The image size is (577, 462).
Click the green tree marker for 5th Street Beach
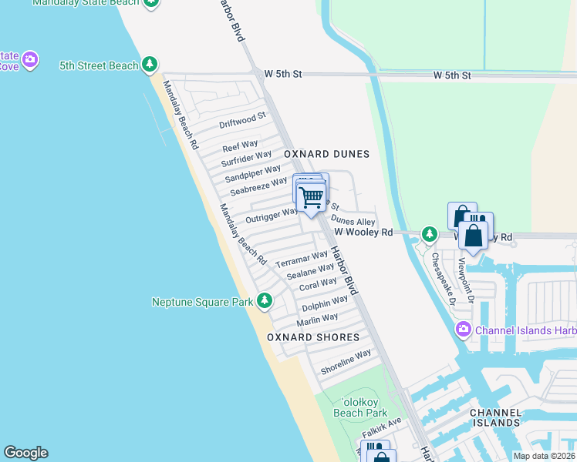[150, 65]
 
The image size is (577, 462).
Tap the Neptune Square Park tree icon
[265, 301]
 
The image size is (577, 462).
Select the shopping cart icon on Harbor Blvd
[312, 197]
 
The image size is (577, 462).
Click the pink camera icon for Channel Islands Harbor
[463, 330]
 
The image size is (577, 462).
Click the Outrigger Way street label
[271, 215]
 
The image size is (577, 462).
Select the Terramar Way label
[302, 257]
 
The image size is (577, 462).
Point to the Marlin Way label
[317, 318]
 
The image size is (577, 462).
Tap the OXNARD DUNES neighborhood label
[326, 154]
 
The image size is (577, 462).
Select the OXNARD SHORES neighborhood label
[313, 337]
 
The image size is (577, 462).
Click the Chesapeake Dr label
[444, 278]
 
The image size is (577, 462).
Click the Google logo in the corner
[25, 453]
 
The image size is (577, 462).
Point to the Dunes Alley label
[353, 221]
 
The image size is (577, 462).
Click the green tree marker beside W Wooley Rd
[430, 233]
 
